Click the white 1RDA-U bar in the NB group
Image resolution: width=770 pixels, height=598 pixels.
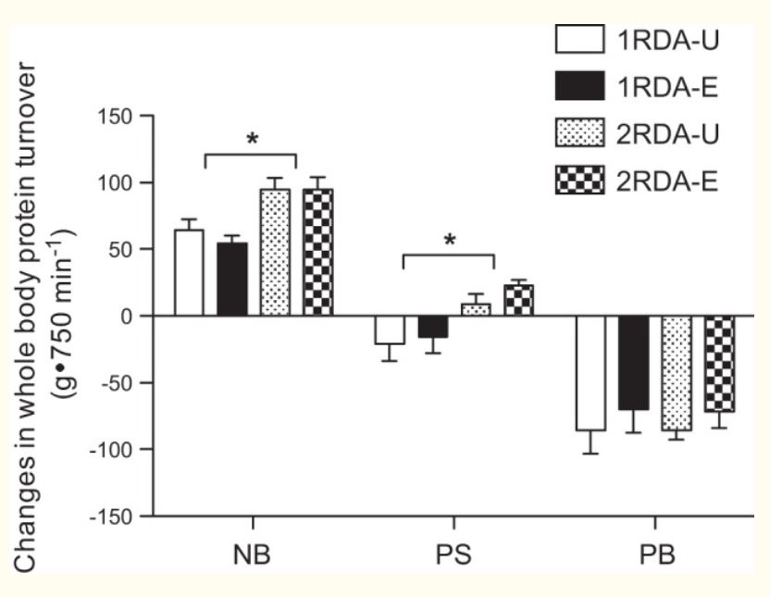(189, 273)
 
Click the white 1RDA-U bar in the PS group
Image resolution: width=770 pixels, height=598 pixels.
(390, 330)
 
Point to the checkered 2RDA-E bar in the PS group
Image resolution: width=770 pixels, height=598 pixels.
(518, 300)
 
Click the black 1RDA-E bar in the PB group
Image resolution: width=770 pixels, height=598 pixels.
(634, 363)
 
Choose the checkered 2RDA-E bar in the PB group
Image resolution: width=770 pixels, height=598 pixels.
(719, 363)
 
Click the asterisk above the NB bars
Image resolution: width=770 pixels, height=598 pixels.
(251, 140)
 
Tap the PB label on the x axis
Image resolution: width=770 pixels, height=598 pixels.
(655, 559)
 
